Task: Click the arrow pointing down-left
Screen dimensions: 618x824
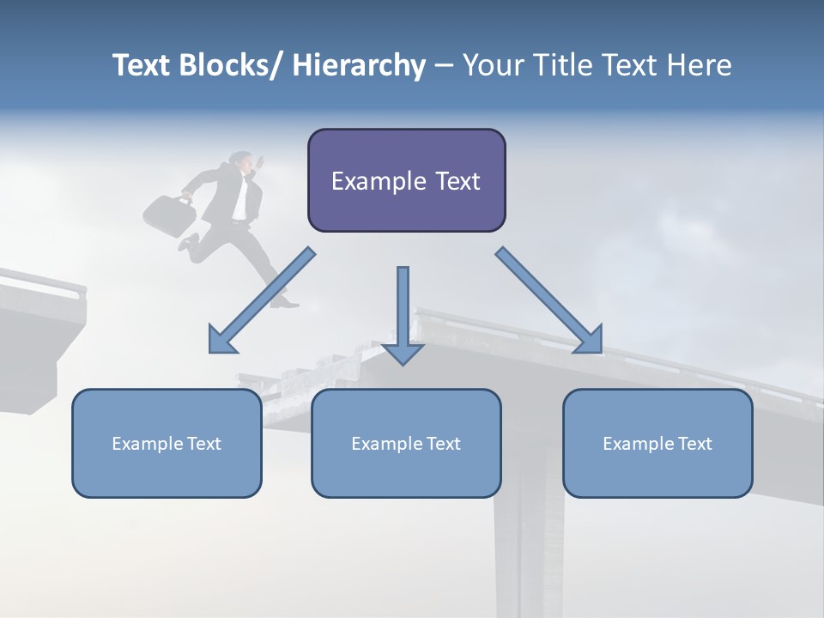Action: coord(261,300)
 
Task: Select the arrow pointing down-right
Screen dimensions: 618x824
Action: coord(549,300)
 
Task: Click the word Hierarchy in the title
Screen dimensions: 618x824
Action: coord(359,65)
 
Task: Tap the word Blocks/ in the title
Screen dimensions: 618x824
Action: coord(229,65)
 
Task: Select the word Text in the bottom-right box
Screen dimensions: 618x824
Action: coord(694,444)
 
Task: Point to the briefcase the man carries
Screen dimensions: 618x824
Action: coord(169,215)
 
